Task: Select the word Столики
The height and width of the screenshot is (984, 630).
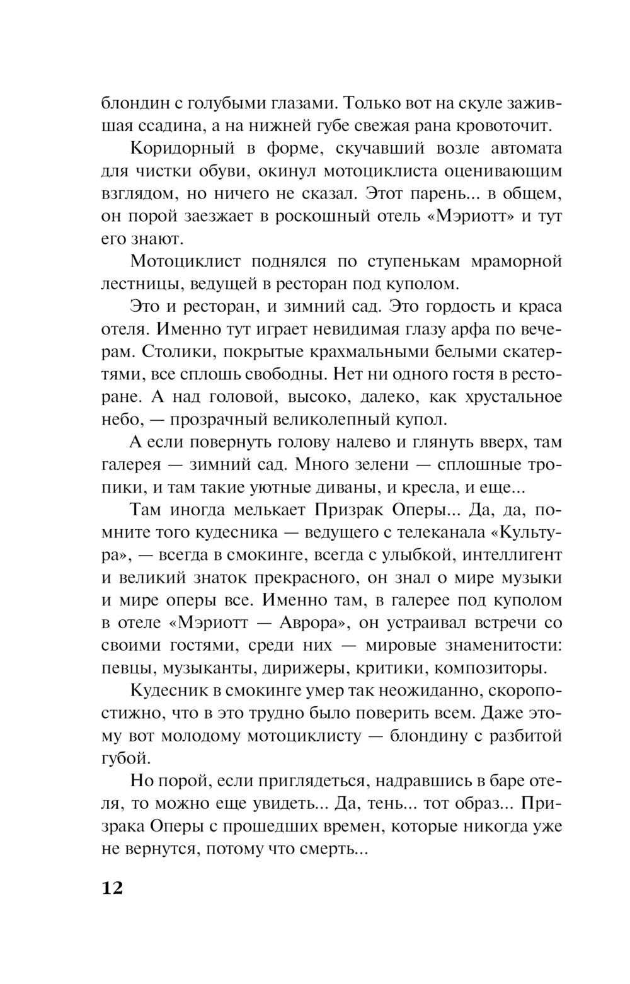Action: tap(164, 352)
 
